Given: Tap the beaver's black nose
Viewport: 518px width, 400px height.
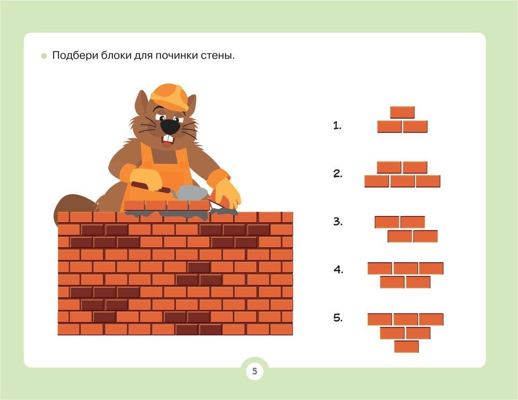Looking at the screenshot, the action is [x=170, y=126].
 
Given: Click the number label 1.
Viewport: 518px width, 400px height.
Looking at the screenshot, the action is [x=337, y=125].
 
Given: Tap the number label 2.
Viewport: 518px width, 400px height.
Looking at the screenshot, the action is [x=338, y=174].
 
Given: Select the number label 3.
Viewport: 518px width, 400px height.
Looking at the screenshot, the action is [x=338, y=221].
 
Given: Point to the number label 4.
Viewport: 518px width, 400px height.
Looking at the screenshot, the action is [x=338, y=270].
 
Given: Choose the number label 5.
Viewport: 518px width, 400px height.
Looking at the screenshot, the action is [x=338, y=318].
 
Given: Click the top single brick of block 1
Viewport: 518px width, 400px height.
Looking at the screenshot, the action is [x=402, y=112].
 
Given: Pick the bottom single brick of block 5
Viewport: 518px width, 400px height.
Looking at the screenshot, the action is [x=406, y=347].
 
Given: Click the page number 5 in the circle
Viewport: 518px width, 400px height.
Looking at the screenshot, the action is [x=254, y=371].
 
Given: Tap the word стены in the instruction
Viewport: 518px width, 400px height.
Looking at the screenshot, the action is [x=218, y=55].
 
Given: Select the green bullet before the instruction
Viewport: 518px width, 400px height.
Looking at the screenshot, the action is [x=44, y=56].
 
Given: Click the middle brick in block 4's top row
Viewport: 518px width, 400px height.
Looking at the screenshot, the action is [x=406, y=268].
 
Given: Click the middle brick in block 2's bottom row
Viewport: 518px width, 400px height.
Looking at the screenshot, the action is [x=402, y=181].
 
